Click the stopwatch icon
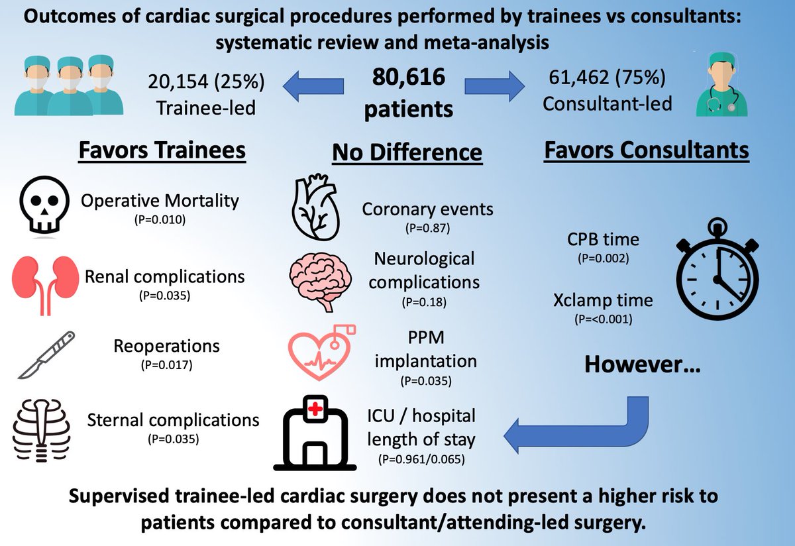click(715, 272)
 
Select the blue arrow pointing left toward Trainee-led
click(315, 87)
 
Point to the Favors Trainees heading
click(162, 150)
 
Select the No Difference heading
click(406, 152)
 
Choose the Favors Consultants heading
click(646, 150)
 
